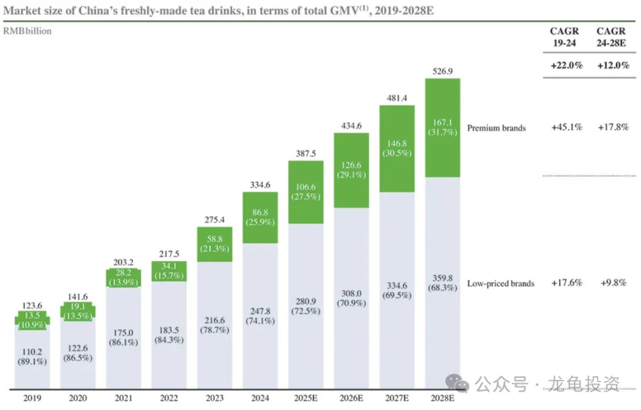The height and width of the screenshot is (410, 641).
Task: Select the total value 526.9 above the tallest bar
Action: [x=442, y=71]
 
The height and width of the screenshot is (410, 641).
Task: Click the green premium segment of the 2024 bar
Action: [x=261, y=217]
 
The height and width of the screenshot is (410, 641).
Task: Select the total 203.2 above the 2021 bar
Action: [x=124, y=262]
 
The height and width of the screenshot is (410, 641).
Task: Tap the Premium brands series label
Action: [x=496, y=128]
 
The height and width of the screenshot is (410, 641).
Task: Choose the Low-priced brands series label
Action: [x=500, y=283]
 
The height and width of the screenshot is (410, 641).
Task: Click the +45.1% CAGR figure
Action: [x=567, y=128]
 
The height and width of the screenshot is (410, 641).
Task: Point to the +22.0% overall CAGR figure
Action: [x=567, y=65]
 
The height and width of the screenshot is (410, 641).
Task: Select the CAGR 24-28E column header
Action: [x=611, y=36]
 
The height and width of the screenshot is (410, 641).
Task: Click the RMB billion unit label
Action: [x=28, y=31]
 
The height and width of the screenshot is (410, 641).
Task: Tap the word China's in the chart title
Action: [x=97, y=9]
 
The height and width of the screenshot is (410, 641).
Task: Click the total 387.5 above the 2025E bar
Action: [x=306, y=153]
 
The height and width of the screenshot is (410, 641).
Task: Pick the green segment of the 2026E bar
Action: [x=351, y=170]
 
